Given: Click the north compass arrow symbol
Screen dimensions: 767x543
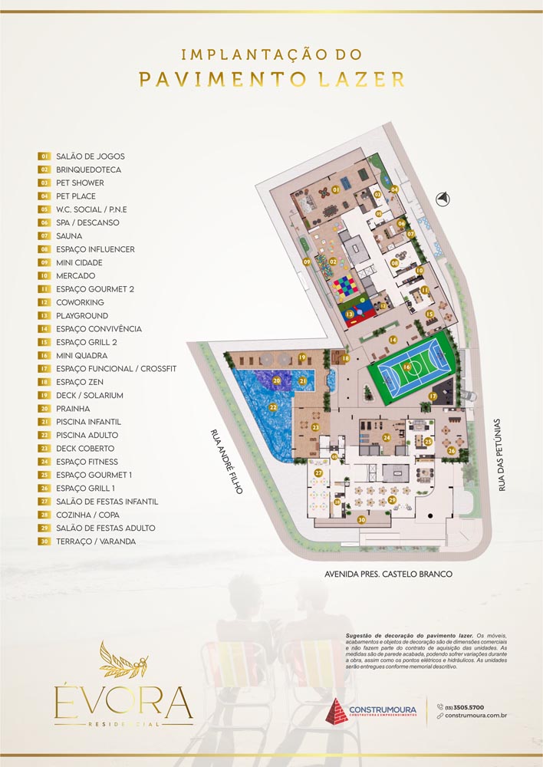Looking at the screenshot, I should point(442,199).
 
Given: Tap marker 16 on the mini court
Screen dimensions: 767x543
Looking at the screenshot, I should point(407,367).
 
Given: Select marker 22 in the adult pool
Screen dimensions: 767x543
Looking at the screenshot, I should point(272,407).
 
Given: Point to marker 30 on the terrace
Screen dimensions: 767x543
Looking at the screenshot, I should point(361,519).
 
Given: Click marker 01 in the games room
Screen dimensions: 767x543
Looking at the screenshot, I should point(335,189).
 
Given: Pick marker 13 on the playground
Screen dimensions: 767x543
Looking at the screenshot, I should point(349,314).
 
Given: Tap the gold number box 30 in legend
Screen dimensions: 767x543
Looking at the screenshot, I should point(45,542).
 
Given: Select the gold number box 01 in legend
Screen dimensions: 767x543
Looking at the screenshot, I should point(45,156).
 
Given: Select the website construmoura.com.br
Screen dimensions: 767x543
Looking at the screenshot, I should point(476,716).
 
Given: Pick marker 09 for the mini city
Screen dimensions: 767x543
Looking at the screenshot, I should point(307,262).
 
